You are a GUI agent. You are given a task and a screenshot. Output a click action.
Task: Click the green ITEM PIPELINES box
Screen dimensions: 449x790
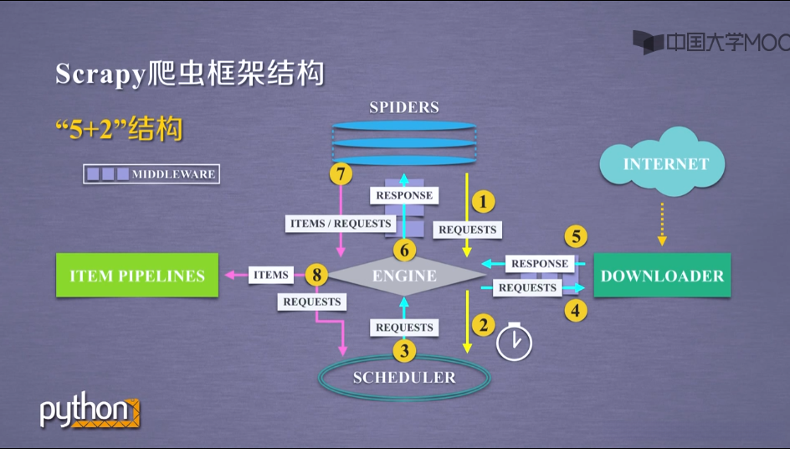click(x=137, y=276)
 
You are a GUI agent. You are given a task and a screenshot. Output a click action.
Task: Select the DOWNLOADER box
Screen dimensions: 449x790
click(x=662, y=276)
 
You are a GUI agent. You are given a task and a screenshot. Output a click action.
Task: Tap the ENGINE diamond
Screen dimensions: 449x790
click(x=404, y=276)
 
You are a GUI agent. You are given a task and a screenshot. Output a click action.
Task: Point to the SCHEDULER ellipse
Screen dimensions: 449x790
click(x=404, y=377)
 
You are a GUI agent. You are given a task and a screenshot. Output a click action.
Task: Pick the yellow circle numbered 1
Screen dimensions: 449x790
click(x=483, y=201)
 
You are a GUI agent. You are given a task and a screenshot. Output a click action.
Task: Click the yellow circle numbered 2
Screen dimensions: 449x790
click(x=483, y=323)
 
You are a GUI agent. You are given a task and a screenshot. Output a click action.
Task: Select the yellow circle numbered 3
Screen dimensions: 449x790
click(x=403, y=351)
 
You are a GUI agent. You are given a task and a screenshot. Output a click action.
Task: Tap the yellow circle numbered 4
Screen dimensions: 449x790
click(x=575, y=311)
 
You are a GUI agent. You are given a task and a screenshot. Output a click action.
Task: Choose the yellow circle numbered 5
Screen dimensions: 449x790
click(x=575, y=235)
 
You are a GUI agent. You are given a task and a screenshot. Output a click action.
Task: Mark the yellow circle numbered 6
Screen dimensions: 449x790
click(x=403, y=250)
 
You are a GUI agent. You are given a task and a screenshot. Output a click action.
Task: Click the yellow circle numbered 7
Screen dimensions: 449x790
click(x=340, y=174)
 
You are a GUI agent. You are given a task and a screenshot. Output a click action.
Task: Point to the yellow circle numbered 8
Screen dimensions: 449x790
click(x=316, y=274)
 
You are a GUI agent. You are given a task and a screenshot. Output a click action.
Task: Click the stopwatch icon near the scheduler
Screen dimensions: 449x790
click(x=514, y=342)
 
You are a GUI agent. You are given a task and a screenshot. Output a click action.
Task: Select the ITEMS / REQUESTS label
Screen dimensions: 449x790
click(x=341, y=224)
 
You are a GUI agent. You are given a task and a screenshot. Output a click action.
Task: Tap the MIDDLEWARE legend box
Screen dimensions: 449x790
click(x=151, y=174)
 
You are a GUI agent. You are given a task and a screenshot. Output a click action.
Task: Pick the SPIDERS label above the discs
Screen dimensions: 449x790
click(x=404, y=107)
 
